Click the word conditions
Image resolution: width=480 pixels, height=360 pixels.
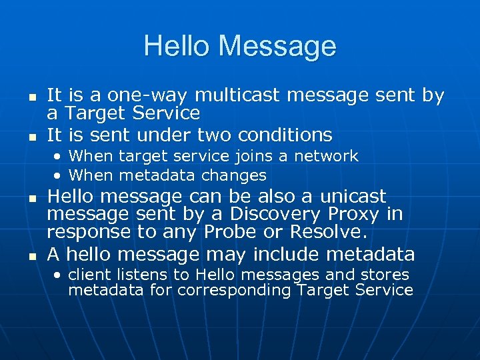(x=286, y=135)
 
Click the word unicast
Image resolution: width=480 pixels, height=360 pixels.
(x=353, y=197)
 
